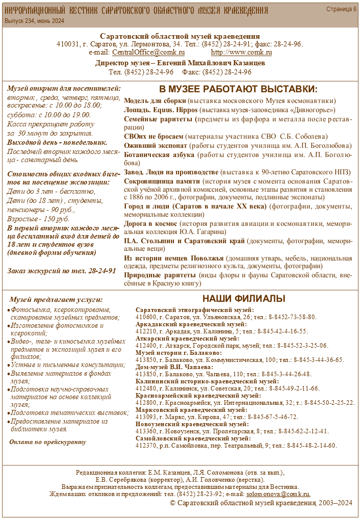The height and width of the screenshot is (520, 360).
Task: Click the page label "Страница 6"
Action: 341,9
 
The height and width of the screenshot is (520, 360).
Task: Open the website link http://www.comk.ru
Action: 241,53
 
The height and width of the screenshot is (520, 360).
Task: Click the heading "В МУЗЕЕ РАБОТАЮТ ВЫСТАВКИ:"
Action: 238,89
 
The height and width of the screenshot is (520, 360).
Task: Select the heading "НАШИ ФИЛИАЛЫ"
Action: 244,298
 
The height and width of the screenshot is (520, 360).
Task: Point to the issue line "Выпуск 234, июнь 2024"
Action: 34,21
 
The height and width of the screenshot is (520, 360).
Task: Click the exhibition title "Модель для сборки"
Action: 155,101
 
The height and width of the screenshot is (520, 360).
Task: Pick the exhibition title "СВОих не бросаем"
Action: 153,136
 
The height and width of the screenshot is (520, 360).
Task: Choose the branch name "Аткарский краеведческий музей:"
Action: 187,339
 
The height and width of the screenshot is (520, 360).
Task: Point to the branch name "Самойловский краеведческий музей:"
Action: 193,438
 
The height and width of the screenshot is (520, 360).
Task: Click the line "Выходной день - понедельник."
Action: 57,143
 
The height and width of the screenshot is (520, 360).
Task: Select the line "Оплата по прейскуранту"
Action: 48,441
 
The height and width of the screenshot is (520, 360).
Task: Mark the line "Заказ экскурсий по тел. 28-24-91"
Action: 62,271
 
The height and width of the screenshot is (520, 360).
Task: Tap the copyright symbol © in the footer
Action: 172,503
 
